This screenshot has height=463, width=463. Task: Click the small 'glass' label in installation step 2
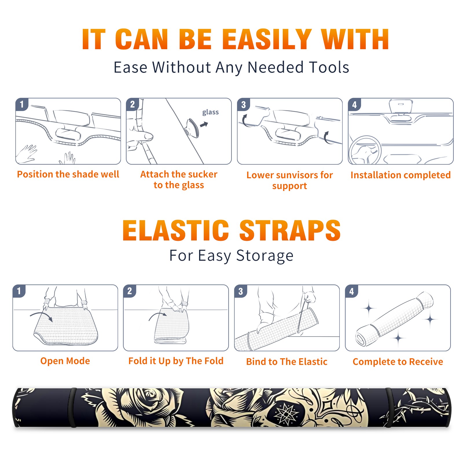(210, 112)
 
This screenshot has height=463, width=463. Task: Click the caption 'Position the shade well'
(68, 174)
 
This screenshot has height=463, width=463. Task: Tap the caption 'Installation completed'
(400, 175)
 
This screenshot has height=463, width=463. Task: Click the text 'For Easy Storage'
(231, 256)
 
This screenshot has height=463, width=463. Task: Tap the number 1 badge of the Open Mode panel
(19, 291)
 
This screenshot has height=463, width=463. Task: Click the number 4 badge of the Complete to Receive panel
(352, 291)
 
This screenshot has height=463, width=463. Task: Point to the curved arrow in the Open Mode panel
(41, 315)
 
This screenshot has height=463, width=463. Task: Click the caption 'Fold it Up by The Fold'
(176, 361)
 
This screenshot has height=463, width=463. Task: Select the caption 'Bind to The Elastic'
(287, 362)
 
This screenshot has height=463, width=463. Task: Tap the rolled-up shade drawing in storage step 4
(394, 319)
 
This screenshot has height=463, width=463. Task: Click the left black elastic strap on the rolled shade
(72, 407)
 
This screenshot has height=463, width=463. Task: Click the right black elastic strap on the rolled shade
(388, 407)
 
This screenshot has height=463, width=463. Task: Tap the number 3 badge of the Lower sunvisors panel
(243, 105)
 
